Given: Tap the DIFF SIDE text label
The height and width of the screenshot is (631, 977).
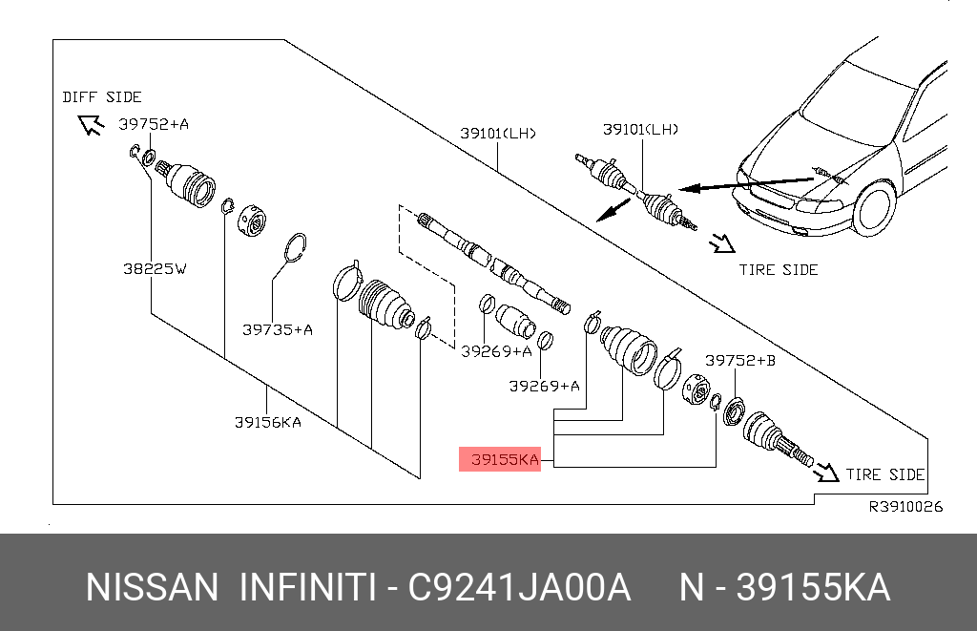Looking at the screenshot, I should click(x=102, y=96).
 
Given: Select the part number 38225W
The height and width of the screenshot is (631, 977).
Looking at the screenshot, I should click(x=155, y=269).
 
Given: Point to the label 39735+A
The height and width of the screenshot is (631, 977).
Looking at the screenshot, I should click(x=278, y=329).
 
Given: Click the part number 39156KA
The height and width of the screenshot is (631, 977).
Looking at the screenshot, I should click(x=268, y=422).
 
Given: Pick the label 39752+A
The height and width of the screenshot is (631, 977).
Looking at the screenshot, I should click(x=154, y=123).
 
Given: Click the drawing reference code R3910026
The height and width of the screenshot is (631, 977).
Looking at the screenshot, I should click(x=904, y=507).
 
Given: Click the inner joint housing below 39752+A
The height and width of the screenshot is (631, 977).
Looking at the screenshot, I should click(x=189, y=183).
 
